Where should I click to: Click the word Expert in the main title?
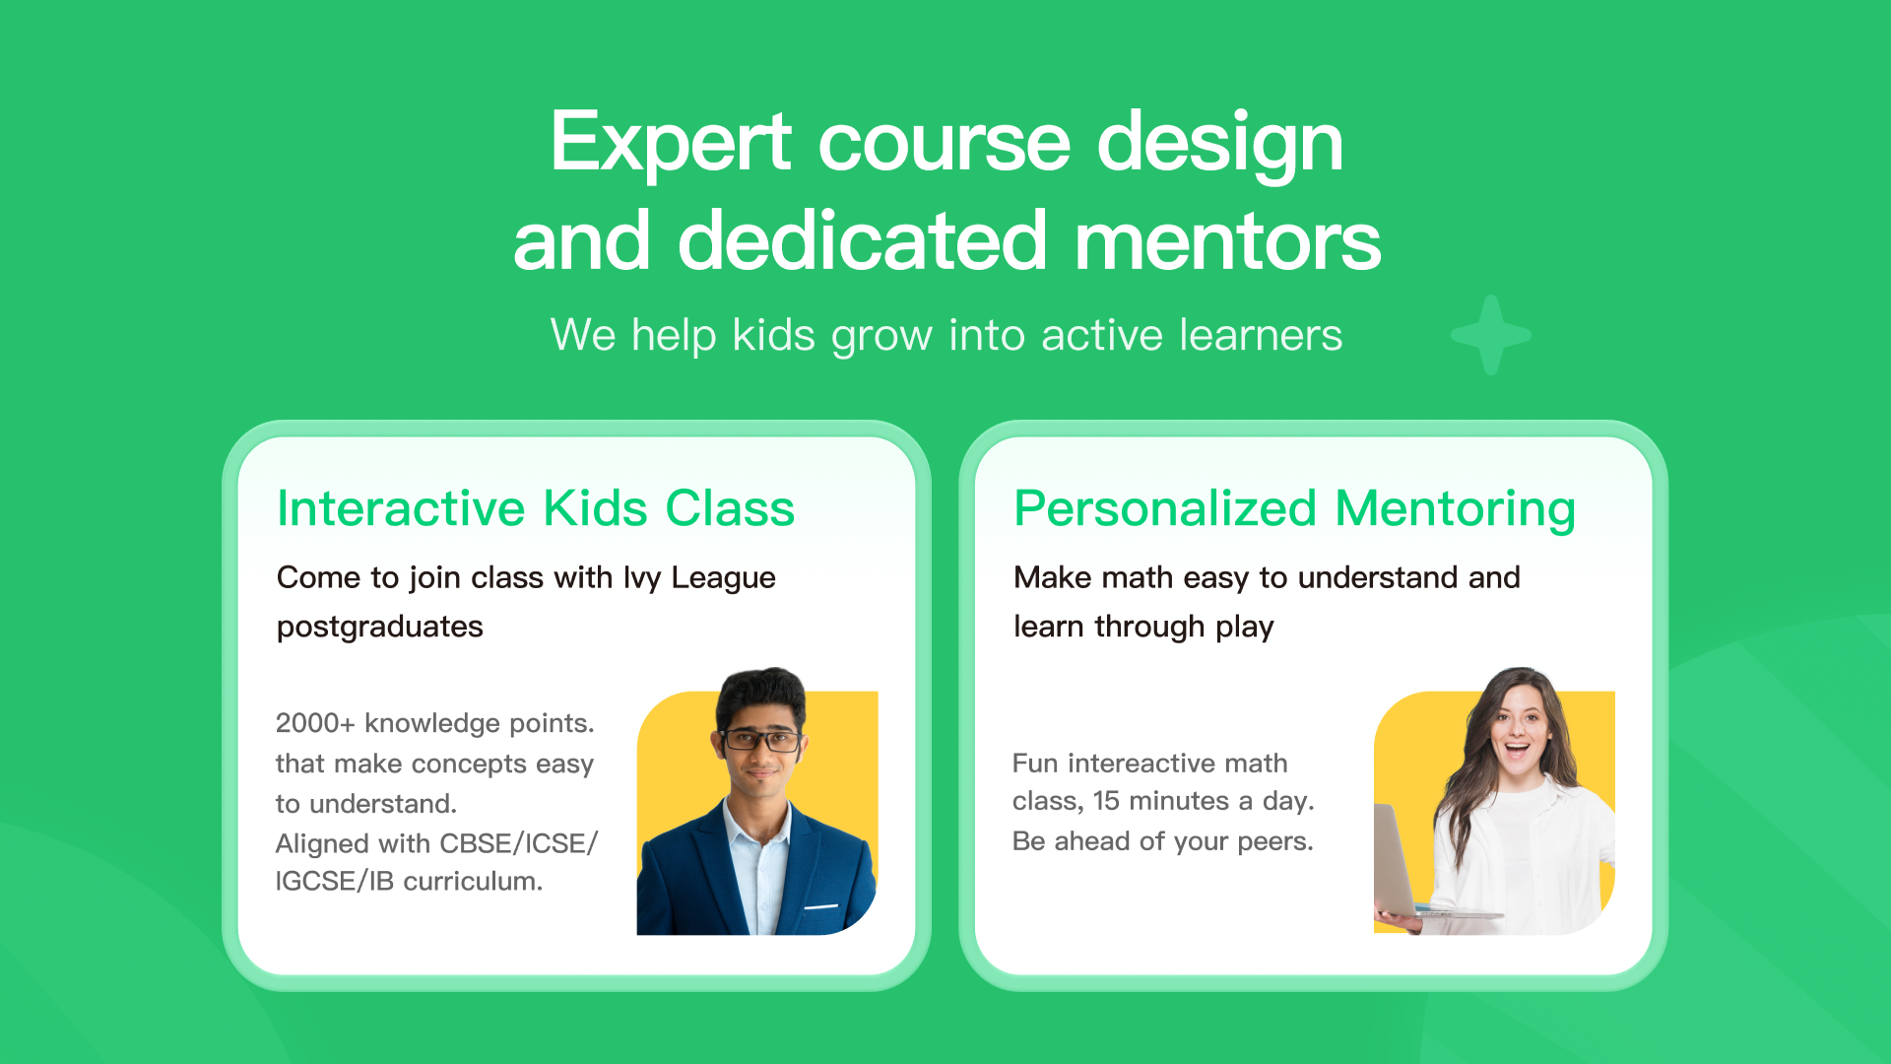[671, 144]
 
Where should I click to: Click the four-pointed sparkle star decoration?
[1491, 335]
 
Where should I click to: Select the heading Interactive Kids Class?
[536, 508]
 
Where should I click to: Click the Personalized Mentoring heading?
[1295, 510]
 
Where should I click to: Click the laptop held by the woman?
[1418, 867]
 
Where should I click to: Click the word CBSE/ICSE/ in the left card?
[519, 844]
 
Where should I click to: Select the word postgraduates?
[380, 628]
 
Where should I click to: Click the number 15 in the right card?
[1106, 801]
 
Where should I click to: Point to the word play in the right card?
[1245, 628]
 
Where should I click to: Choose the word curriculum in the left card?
[473, 881]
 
